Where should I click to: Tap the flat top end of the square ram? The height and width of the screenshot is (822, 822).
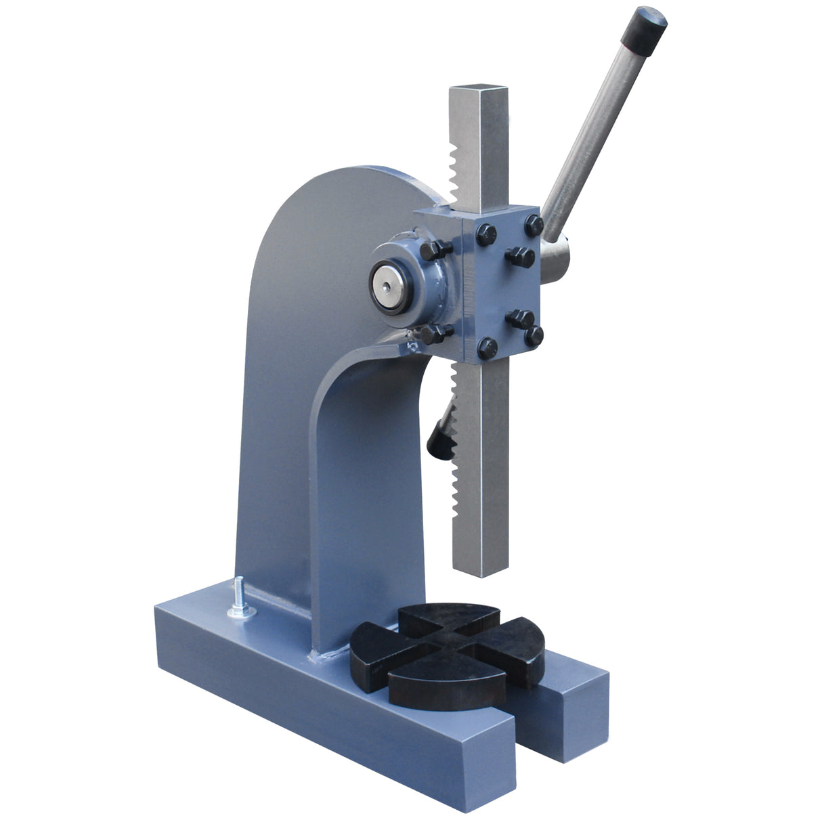click(478, 91)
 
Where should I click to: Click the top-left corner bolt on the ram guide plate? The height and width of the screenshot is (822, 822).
click(485, 234)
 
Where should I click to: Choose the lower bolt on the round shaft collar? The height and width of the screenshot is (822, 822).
click(435, 333)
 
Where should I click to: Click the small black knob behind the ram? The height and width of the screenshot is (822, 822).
click(437, 439)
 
